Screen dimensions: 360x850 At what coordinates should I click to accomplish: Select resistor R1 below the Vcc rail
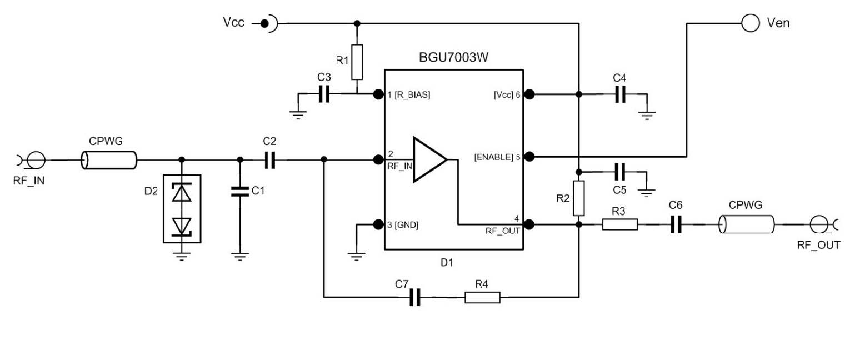(x=357, y=62)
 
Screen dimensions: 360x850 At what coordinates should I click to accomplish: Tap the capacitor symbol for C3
(x=324, y=95)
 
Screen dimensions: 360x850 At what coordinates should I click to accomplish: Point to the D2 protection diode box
(x=181, y=208)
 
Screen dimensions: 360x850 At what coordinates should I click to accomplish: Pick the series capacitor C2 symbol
(x=270, y=161)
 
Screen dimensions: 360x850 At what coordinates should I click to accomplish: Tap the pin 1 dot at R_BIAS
(x=378, y=94)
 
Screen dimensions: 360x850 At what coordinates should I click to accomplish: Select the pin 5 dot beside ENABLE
(x=529, y=156)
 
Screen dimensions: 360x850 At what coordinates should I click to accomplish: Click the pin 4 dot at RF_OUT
(x=529, y=225)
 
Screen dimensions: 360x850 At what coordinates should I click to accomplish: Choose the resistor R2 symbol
(x=579, y=198)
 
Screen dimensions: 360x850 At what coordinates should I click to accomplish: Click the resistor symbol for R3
(x=620, y=225)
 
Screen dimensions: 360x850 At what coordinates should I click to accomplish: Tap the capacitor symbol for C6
(x=676, y=225)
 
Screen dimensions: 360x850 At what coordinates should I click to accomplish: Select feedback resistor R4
(x=482, y=298)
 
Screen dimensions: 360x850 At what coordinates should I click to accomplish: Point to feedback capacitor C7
(x=415, y=298)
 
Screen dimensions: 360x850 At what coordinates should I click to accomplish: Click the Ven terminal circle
(x=750, y=23)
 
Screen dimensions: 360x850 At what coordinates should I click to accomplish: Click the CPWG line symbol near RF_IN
(x=108, y=161)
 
